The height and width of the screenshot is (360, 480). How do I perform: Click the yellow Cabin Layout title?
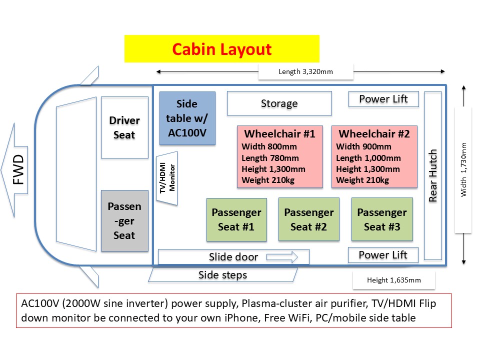(221, 49)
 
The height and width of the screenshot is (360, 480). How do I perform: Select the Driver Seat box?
(124, 127)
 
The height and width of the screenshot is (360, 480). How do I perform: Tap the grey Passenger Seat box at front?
(124, 220)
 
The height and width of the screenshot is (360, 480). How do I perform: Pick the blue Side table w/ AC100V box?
(187, 118)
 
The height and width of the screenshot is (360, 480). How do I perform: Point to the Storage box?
(279, 103)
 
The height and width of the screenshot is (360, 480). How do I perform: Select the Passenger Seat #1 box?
(236, 219)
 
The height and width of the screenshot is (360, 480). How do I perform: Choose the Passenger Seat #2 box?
(308, 219)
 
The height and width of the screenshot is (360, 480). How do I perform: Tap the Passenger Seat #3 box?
(381, 219)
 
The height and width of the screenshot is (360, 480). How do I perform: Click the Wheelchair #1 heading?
(279, 134)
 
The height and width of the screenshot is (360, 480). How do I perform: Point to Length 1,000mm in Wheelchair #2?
(368, 158)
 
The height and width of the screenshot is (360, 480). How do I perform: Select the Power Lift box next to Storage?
(383, 99)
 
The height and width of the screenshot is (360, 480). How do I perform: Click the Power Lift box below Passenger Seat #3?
(383, 255)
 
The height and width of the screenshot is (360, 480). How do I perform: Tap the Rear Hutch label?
(433, 175)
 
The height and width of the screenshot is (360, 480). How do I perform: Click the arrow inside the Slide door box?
(282, 257)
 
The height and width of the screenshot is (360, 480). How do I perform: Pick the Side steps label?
(222, 275)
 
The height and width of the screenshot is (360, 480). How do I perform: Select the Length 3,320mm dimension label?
(305, 71)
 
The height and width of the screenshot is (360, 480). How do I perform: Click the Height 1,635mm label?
(393, 280)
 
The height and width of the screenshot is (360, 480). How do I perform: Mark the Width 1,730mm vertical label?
(463, 170)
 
